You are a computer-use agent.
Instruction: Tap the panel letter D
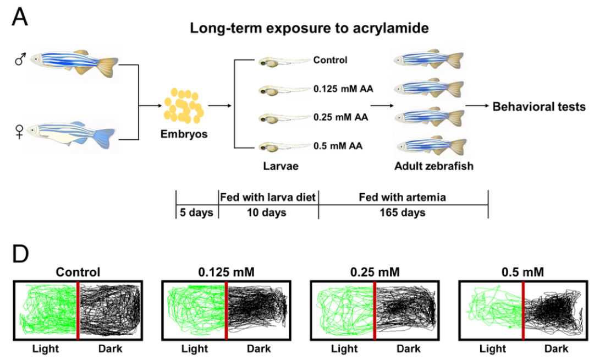21,254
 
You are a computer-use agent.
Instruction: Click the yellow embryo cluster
184,106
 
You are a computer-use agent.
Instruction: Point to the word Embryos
184,134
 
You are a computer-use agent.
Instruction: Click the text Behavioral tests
539,106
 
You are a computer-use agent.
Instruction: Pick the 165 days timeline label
403,213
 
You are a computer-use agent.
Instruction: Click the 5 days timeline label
196,213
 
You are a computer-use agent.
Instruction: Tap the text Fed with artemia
403,197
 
